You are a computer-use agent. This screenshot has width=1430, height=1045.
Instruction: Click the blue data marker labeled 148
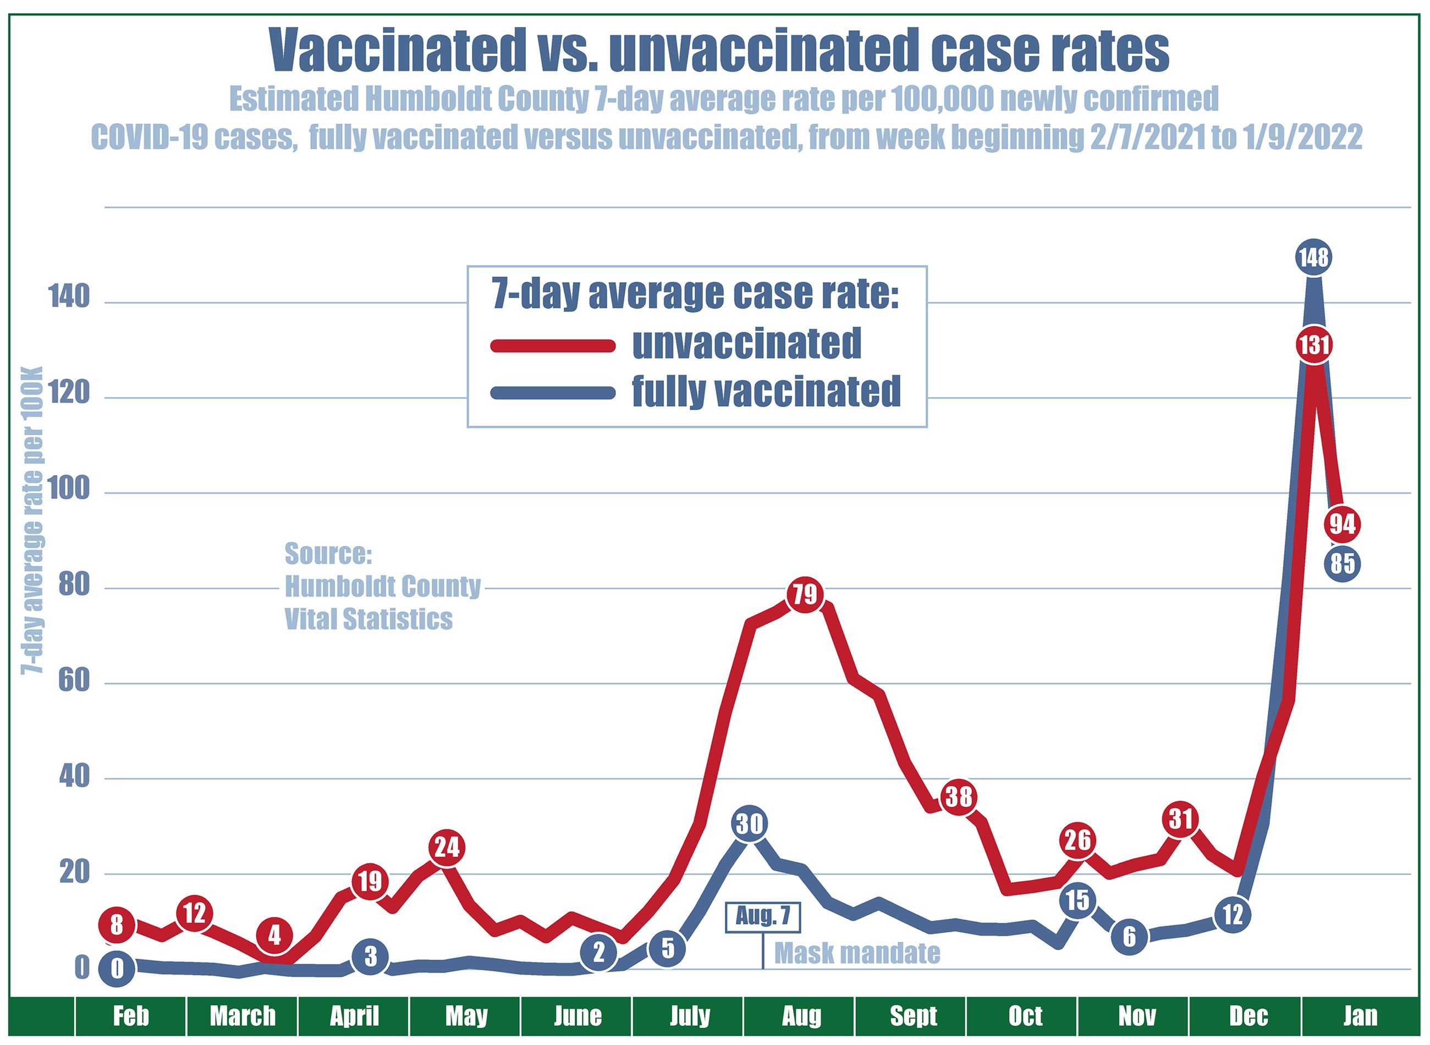(x=1313, y=257)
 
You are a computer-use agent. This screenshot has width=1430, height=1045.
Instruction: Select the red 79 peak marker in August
(x=805, y=595)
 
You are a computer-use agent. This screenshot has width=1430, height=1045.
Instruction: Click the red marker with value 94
(x=1342, y=524)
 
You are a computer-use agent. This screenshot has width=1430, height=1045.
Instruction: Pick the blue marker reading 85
(x=1342, y=563)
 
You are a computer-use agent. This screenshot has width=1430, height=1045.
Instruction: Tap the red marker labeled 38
(x=958, y=796)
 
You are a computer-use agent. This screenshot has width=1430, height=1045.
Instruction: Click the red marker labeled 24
(x=447, y=847)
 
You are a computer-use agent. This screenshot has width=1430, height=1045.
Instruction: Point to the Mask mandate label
(x=856, y=953)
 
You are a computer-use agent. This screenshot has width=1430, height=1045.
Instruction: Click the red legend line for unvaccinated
(x=552, y=345)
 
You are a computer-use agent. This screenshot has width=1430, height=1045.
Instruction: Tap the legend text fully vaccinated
(x=766, y=392)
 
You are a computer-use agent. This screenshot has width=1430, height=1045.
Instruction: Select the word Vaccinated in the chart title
(x=392, y=51)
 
